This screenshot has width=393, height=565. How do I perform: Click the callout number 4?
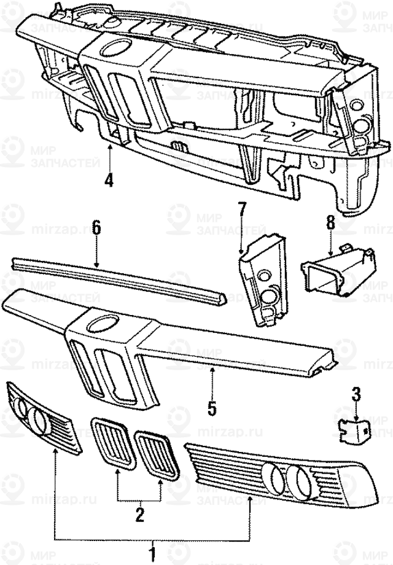[x=109, y=181]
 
